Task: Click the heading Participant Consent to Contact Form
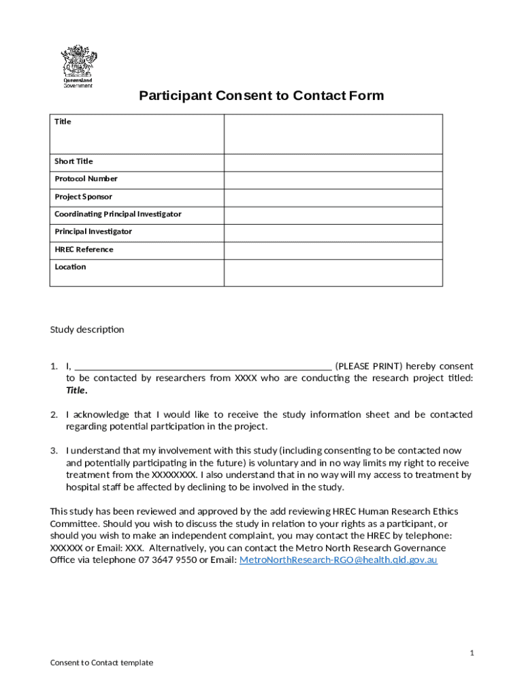261,95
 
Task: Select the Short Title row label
73,161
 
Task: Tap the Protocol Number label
86,178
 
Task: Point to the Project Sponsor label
83,197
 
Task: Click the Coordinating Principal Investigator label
118,214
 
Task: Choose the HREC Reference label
84,249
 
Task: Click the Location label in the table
70,267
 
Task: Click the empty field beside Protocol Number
333,179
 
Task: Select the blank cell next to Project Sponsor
333,197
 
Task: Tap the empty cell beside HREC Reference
333,250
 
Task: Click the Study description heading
87,329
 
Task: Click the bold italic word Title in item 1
76,390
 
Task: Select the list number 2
54,415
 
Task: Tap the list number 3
54,451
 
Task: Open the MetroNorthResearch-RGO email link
339,560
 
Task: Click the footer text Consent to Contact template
101,662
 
